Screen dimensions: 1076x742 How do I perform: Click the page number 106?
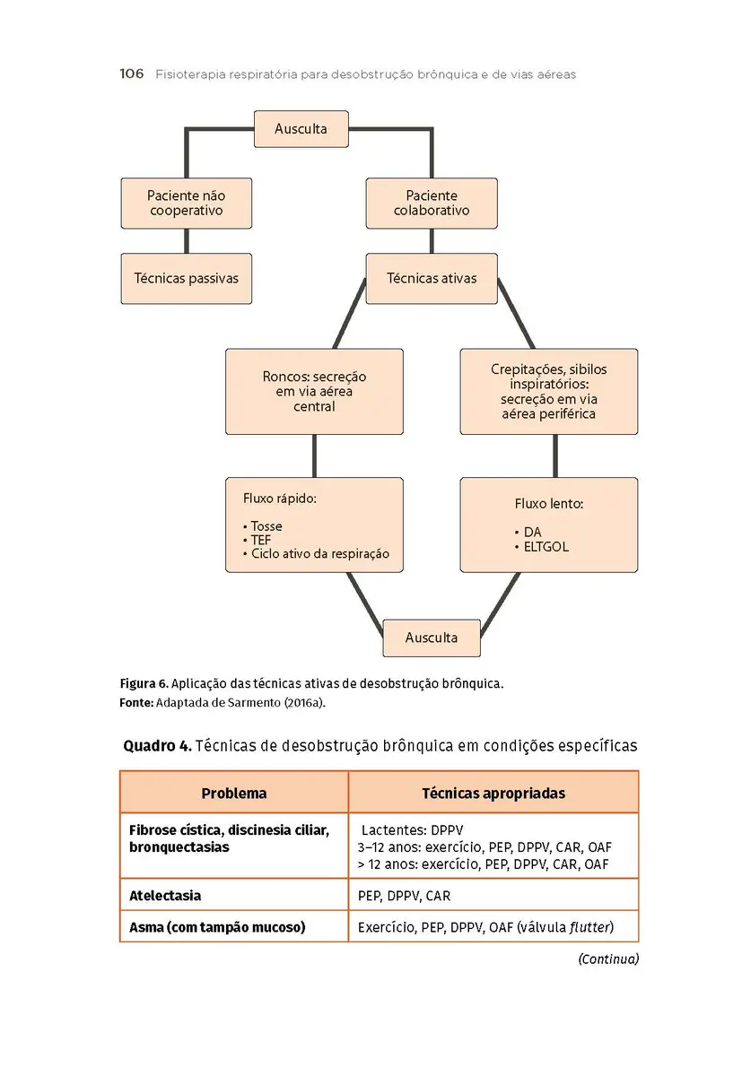point(131,74)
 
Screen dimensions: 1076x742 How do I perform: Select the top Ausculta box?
point(301,128)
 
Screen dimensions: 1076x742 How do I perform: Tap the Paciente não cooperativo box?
point(186,204)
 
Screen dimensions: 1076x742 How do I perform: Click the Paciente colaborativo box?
point(432,204)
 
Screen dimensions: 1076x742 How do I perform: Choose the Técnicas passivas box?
point(186,279)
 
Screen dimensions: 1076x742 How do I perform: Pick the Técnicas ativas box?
point(432,279)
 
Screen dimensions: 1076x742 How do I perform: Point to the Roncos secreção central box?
point(314,392)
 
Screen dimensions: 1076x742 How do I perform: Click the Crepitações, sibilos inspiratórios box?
point(548,392)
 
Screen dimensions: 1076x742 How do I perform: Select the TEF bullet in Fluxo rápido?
point(261,541)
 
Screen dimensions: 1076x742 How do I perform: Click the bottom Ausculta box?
point(432,638)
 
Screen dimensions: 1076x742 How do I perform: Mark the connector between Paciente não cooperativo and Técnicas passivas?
point(186,240)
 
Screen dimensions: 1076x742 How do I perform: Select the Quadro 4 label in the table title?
point(155,745)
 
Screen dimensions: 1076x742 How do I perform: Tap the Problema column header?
point(233,794)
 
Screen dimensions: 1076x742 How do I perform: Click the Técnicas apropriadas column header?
point(493,794)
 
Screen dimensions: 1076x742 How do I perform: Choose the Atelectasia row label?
point(165,896)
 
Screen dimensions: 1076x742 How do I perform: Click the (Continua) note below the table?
point(607,959)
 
